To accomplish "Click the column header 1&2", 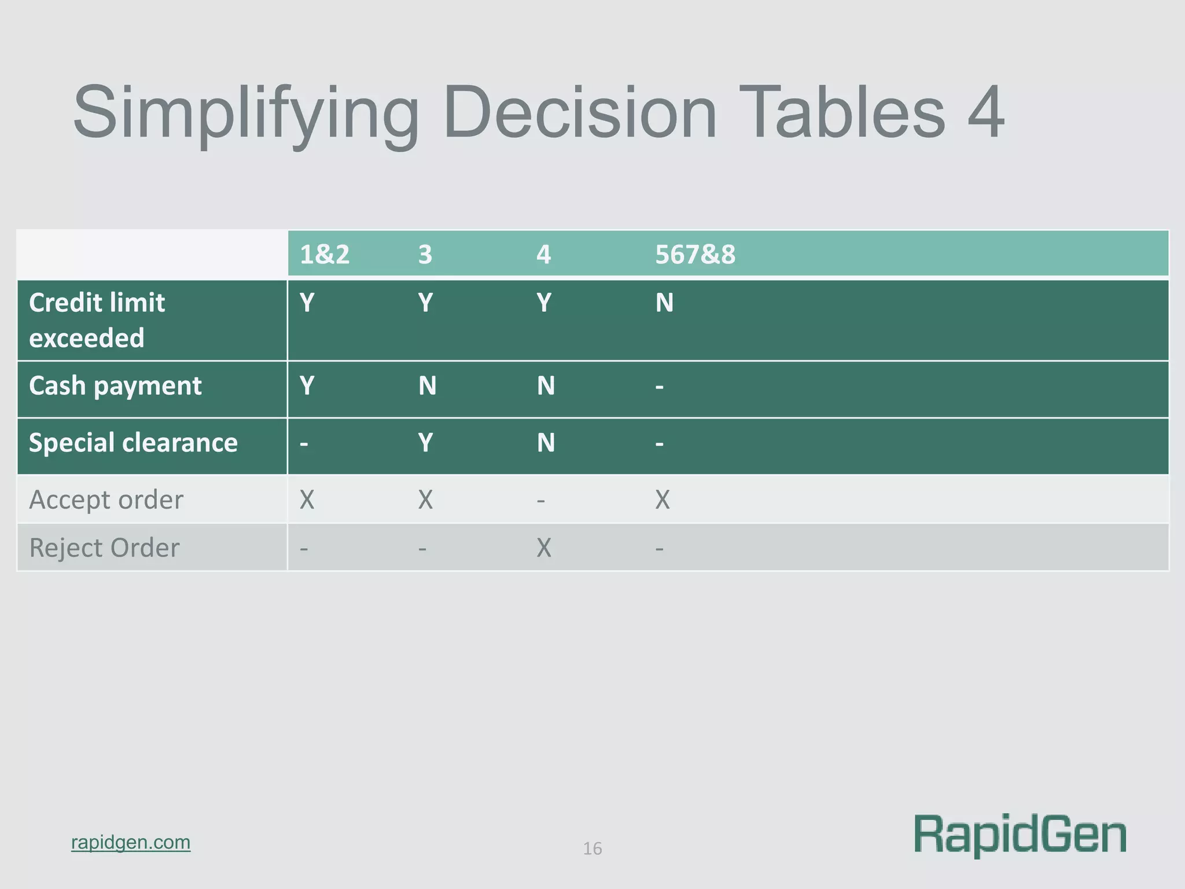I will (x=325, y=255).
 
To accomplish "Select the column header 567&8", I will (x=695, y=255).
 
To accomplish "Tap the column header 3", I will (x=425, y=255).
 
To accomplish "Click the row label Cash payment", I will (x=115, y=386).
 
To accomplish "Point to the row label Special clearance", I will (x=133, y=443).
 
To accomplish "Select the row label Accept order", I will (x=106, y=499).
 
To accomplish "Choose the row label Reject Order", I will (x=104, y=548).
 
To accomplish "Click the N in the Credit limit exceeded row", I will (x=664, y=303).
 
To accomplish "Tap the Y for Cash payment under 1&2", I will (x=307, y=386).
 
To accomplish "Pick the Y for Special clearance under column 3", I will (x=425, y=443).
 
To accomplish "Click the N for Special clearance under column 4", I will (x=546, y=443).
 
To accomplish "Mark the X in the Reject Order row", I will (x=544, y=548).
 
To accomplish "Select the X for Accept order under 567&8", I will (x=663, y=499).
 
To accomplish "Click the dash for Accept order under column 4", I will (x=541, y=499).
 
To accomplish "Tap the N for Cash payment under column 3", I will (x=427, y=386).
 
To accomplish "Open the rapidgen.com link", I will (x=131, y=842).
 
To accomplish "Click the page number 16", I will (x=592, y=848).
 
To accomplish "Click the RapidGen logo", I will (x=1020, y=834).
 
